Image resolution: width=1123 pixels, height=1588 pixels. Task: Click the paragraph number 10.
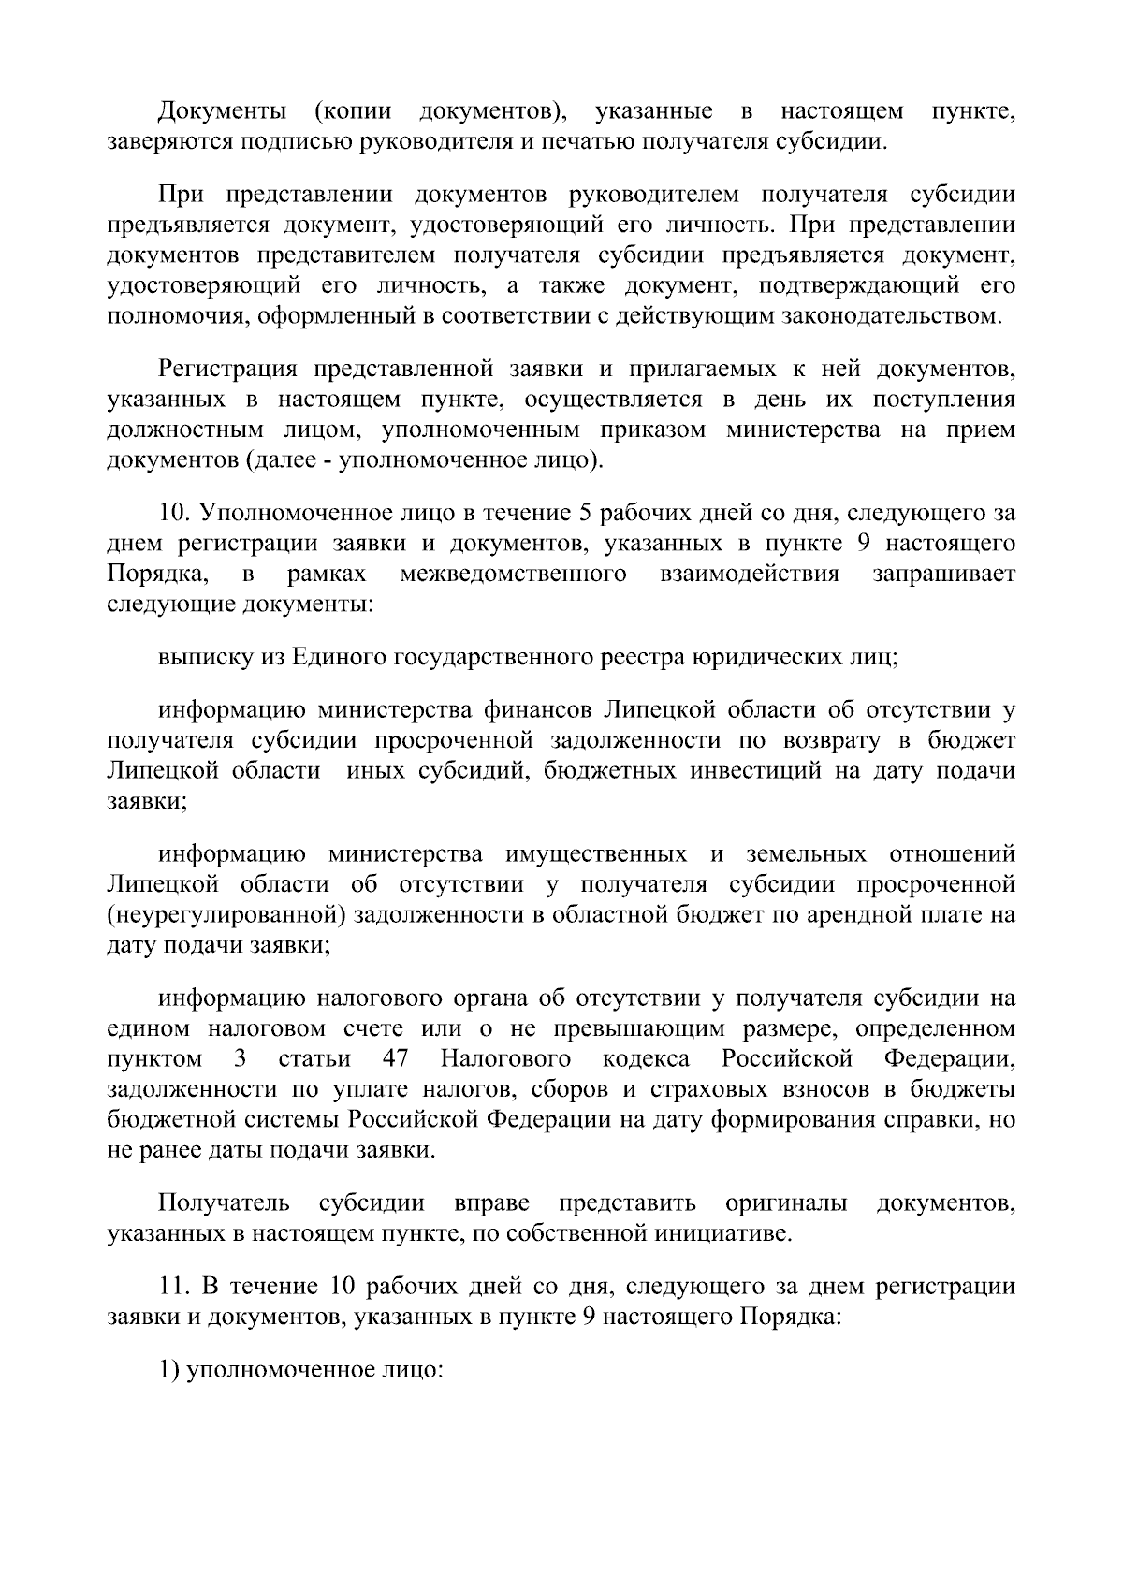175,514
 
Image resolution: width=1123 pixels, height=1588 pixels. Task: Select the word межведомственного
513,574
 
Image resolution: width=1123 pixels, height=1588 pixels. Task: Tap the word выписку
202,658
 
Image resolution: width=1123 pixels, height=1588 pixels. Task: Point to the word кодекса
646,1059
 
